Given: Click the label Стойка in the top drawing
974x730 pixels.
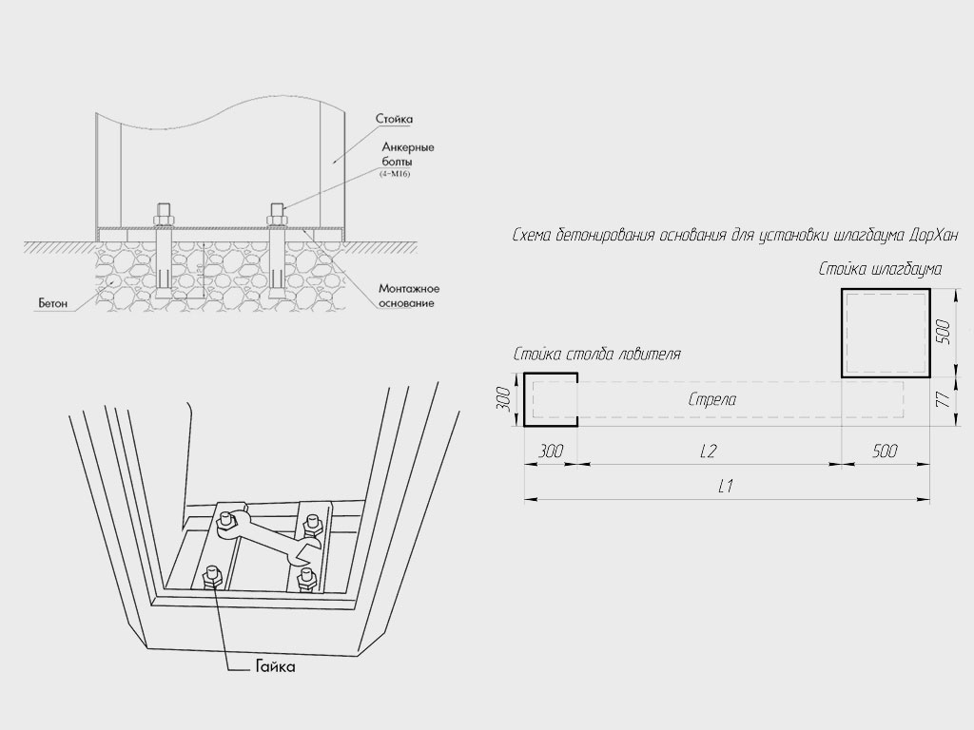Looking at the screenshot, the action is point(394,119).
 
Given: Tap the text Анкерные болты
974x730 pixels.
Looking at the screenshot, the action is point(407,154).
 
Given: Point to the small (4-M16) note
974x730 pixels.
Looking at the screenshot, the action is point(395,174).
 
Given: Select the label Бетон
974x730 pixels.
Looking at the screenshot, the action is point(53,303).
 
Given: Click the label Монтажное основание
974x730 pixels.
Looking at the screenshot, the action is point(409,297).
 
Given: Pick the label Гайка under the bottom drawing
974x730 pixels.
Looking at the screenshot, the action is point(275,667).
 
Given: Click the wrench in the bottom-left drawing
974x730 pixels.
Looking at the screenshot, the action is point(267,534).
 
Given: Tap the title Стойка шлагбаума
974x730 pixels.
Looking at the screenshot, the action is point(880,269).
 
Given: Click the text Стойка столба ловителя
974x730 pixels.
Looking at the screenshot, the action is point(597,355).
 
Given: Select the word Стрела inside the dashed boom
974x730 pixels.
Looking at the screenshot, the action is point(712,399).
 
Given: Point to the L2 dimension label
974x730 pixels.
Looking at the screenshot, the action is point(708,451).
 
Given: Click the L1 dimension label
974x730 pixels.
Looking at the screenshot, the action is point(725,486).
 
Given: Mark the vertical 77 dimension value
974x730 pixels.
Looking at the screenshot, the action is point(943,398).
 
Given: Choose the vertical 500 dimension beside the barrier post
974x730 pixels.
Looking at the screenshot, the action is point(943,333).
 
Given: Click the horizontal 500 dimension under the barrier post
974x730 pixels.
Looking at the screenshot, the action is point(885,451).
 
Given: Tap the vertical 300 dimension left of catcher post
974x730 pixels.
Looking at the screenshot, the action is point(504,399).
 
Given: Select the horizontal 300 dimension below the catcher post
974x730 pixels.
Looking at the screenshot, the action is point(551,451).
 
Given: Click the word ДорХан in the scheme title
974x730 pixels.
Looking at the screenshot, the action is point(934,236).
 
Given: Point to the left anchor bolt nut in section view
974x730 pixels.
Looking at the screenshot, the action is point(164,220).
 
